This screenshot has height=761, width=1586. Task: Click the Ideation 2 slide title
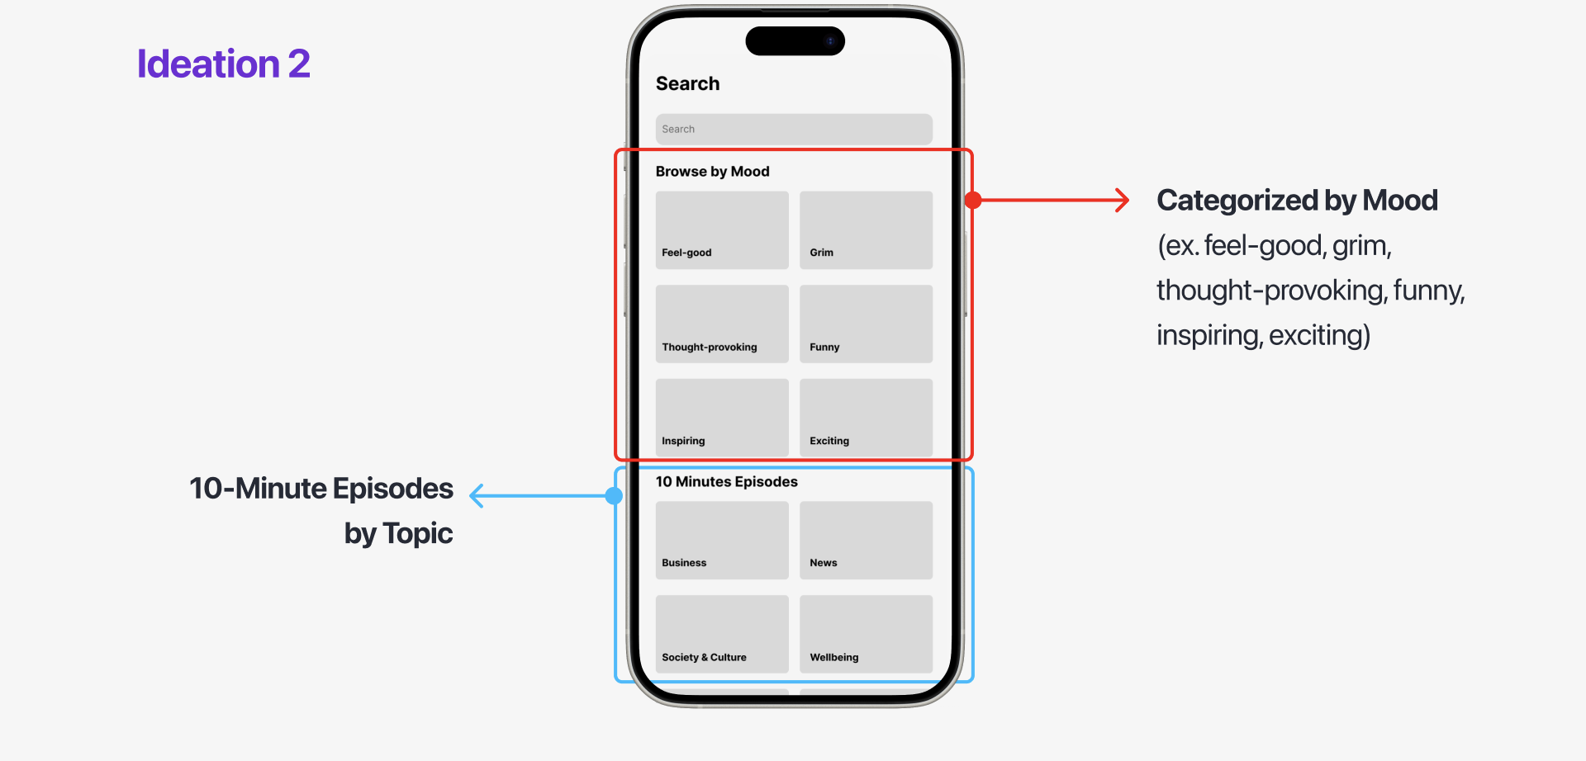tap(223, 64)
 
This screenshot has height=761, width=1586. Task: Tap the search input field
tap(794, 129)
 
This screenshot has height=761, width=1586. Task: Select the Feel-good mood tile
tap(722, 230)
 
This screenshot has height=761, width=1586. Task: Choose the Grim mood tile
tap(866, 230)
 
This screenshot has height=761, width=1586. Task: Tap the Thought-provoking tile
tap(722, 324)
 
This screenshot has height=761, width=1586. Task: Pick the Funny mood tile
tap(866, 324)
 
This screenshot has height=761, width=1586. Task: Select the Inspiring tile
tap(722, 418)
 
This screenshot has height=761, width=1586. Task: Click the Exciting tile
tap(866, 418)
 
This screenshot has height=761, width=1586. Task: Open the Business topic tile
tap(722, 540)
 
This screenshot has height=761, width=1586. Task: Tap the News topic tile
tap(866, 540)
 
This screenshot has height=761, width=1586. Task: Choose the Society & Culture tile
tap(722, 634)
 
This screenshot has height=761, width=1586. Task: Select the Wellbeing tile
tap(866, 634)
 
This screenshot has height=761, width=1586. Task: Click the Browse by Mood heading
tap(712, 172)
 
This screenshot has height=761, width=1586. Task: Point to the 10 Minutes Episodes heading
tap(726, 482)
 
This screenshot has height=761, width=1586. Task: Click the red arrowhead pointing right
tap(1123, 200)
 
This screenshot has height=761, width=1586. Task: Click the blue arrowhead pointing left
tap(477, 496)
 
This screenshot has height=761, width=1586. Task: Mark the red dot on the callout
tap(973, 200)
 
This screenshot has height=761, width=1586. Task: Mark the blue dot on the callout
tap(614, 496)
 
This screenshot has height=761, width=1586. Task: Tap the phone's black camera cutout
tap(795, 41)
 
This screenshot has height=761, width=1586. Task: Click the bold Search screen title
tap(687, 84)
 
